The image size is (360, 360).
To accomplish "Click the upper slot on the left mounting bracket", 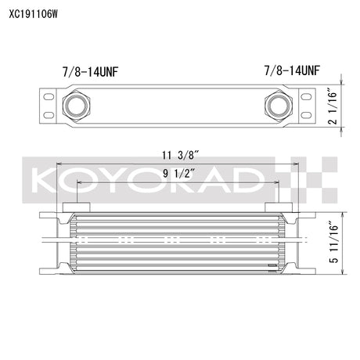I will pos(49,96).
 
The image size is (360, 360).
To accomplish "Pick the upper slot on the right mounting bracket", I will pos(306,96).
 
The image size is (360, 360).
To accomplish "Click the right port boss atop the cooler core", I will pos(279,207).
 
